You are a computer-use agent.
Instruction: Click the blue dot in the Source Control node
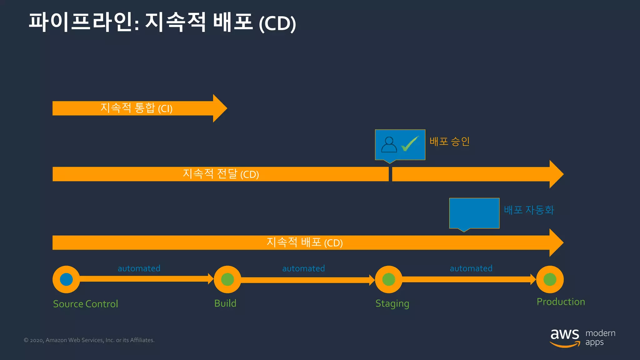click(66, 279)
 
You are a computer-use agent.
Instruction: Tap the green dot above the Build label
click(227, 279)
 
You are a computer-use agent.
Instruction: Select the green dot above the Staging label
click(389, 279)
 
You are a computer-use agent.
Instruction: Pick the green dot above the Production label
click(550, 279)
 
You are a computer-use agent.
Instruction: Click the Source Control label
click(85, 304)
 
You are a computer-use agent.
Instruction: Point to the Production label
click(561, 302)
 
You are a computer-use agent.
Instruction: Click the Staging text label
click(392, 303)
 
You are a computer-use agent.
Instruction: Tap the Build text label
click(225, 303)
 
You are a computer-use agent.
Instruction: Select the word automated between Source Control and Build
click(139, 268)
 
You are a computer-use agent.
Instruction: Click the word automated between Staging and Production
click(471, 268)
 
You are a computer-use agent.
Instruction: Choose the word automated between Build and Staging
click(303, 268)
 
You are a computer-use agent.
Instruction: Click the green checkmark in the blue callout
click(410, 144)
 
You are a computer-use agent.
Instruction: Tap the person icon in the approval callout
click(389, 145)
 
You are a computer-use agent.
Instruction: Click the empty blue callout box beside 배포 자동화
click(474, 213)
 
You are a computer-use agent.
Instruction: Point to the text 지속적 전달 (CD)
click(221, 174)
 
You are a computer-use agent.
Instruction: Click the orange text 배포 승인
click(449, 141)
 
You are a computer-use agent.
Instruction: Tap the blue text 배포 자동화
click(529, 210)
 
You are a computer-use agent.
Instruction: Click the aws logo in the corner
click(565, 337)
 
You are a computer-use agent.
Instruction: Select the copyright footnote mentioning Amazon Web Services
click(89, 340)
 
